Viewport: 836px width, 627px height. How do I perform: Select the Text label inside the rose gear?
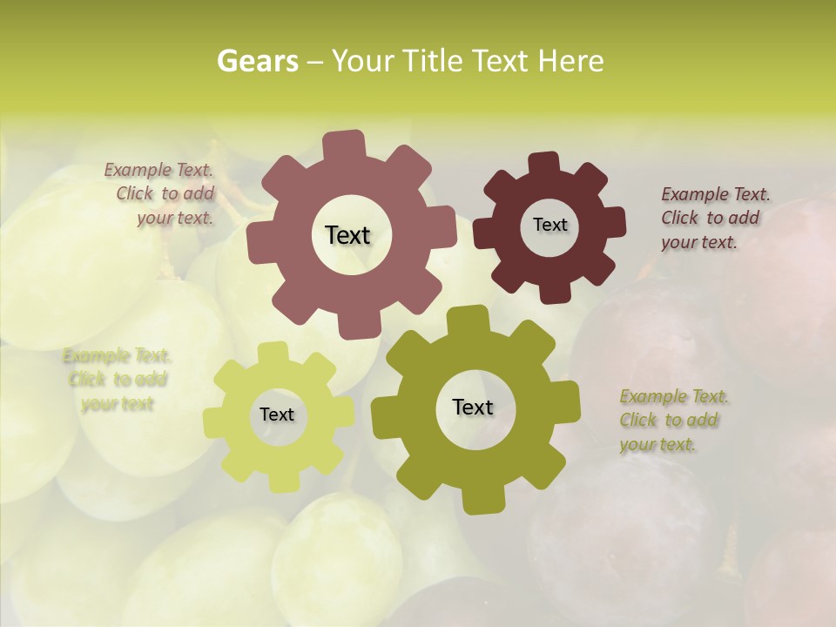(347, 235)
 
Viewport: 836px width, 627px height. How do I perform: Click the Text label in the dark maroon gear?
(549, 225)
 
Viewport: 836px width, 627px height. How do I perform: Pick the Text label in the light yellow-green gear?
(277, 415)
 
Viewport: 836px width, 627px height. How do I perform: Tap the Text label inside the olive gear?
(473, 407)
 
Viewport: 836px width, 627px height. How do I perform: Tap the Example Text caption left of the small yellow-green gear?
(117, 380)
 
